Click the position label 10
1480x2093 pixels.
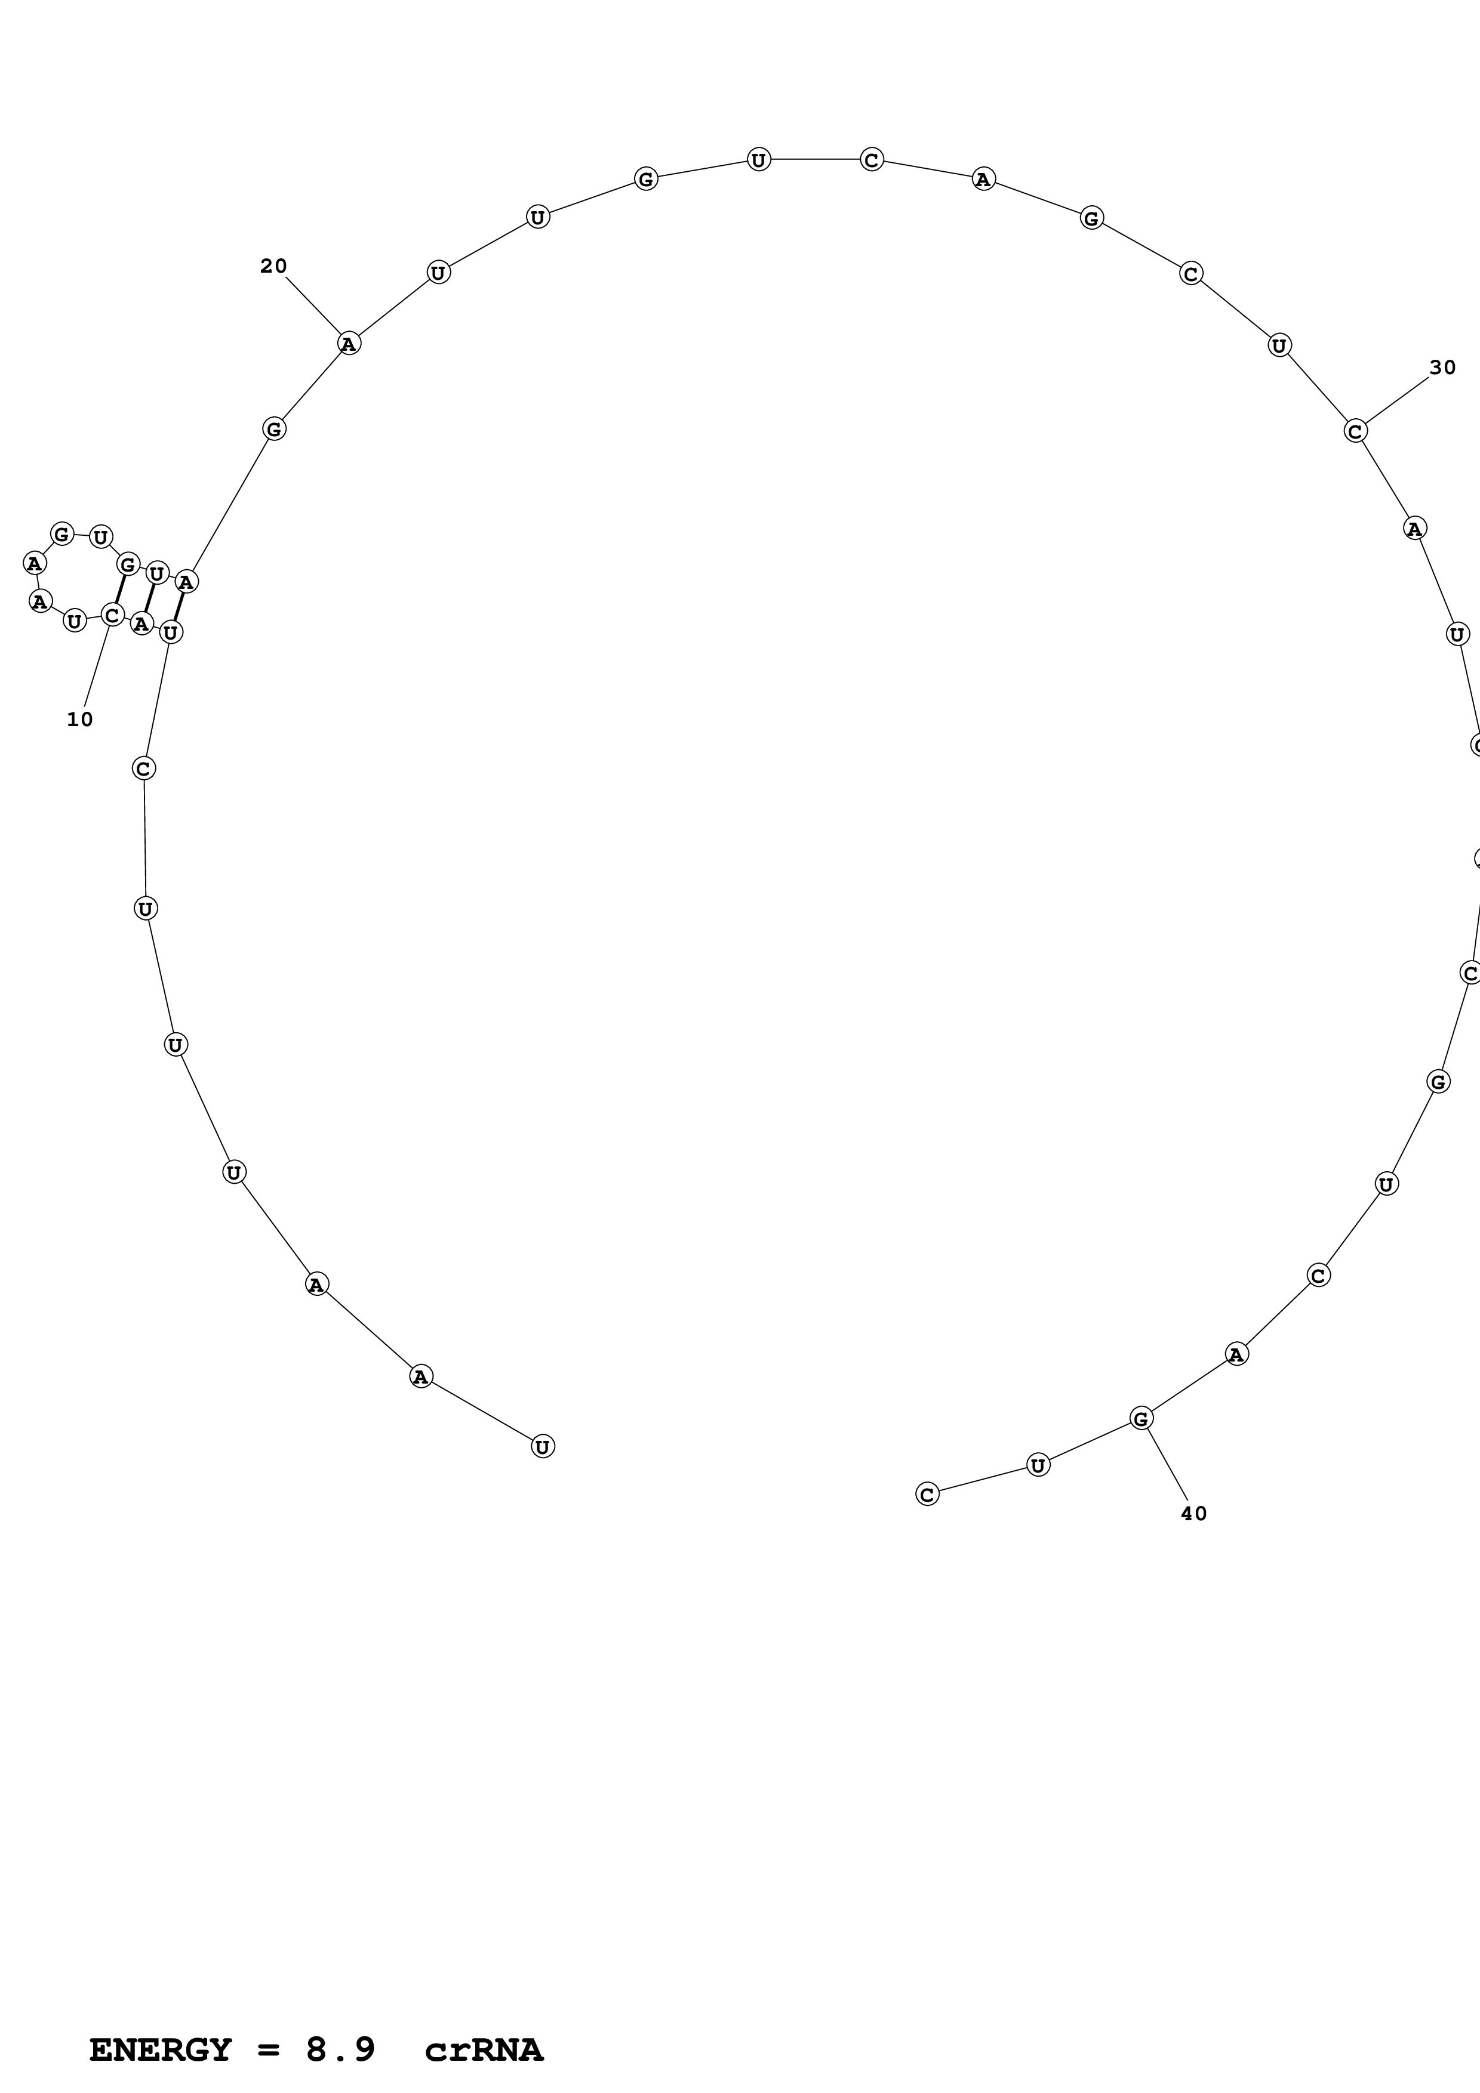click(80, 719)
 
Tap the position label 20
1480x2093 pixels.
click(273, 266)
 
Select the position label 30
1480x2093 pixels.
click(1442, 368)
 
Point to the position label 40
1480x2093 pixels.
click(1193, 1513)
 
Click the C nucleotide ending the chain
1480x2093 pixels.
click(927, 1494)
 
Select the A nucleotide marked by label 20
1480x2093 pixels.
click(348, 344)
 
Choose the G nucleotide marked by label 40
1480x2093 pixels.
click(1141, 1418)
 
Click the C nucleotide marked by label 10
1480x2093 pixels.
click(112, 615)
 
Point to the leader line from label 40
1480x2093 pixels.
click(1167, 1464)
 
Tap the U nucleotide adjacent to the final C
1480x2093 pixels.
click(1038, 1465)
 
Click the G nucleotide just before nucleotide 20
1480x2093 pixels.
click(273, 428)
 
